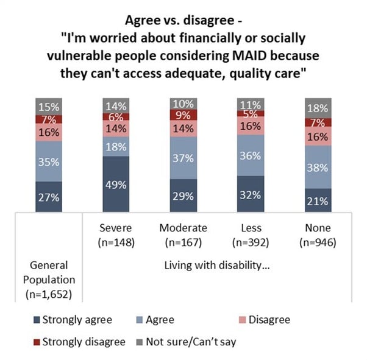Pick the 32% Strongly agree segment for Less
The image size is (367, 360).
[x=251, y=194]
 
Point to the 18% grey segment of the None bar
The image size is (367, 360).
[x=318, y=108]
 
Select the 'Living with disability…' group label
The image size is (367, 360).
[x=216, y=266]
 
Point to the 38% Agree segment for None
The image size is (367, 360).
[x=318, y=167]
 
